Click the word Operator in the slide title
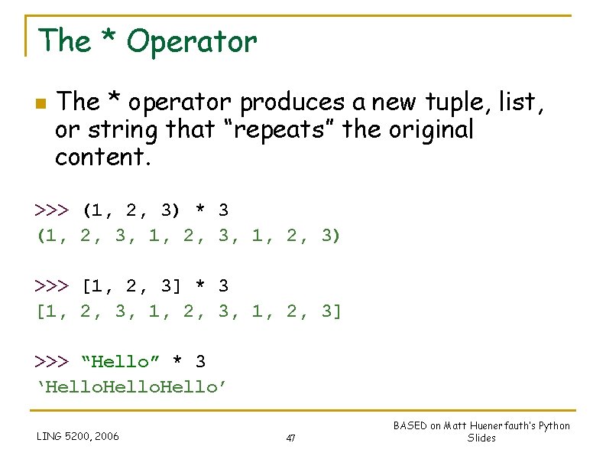192,42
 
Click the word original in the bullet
432,130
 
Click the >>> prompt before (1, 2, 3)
52,210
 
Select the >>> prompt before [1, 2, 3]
52,286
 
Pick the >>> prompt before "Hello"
52,361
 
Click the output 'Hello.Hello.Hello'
132,387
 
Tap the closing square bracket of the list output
337,311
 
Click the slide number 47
290,438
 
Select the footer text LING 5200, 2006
78,437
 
